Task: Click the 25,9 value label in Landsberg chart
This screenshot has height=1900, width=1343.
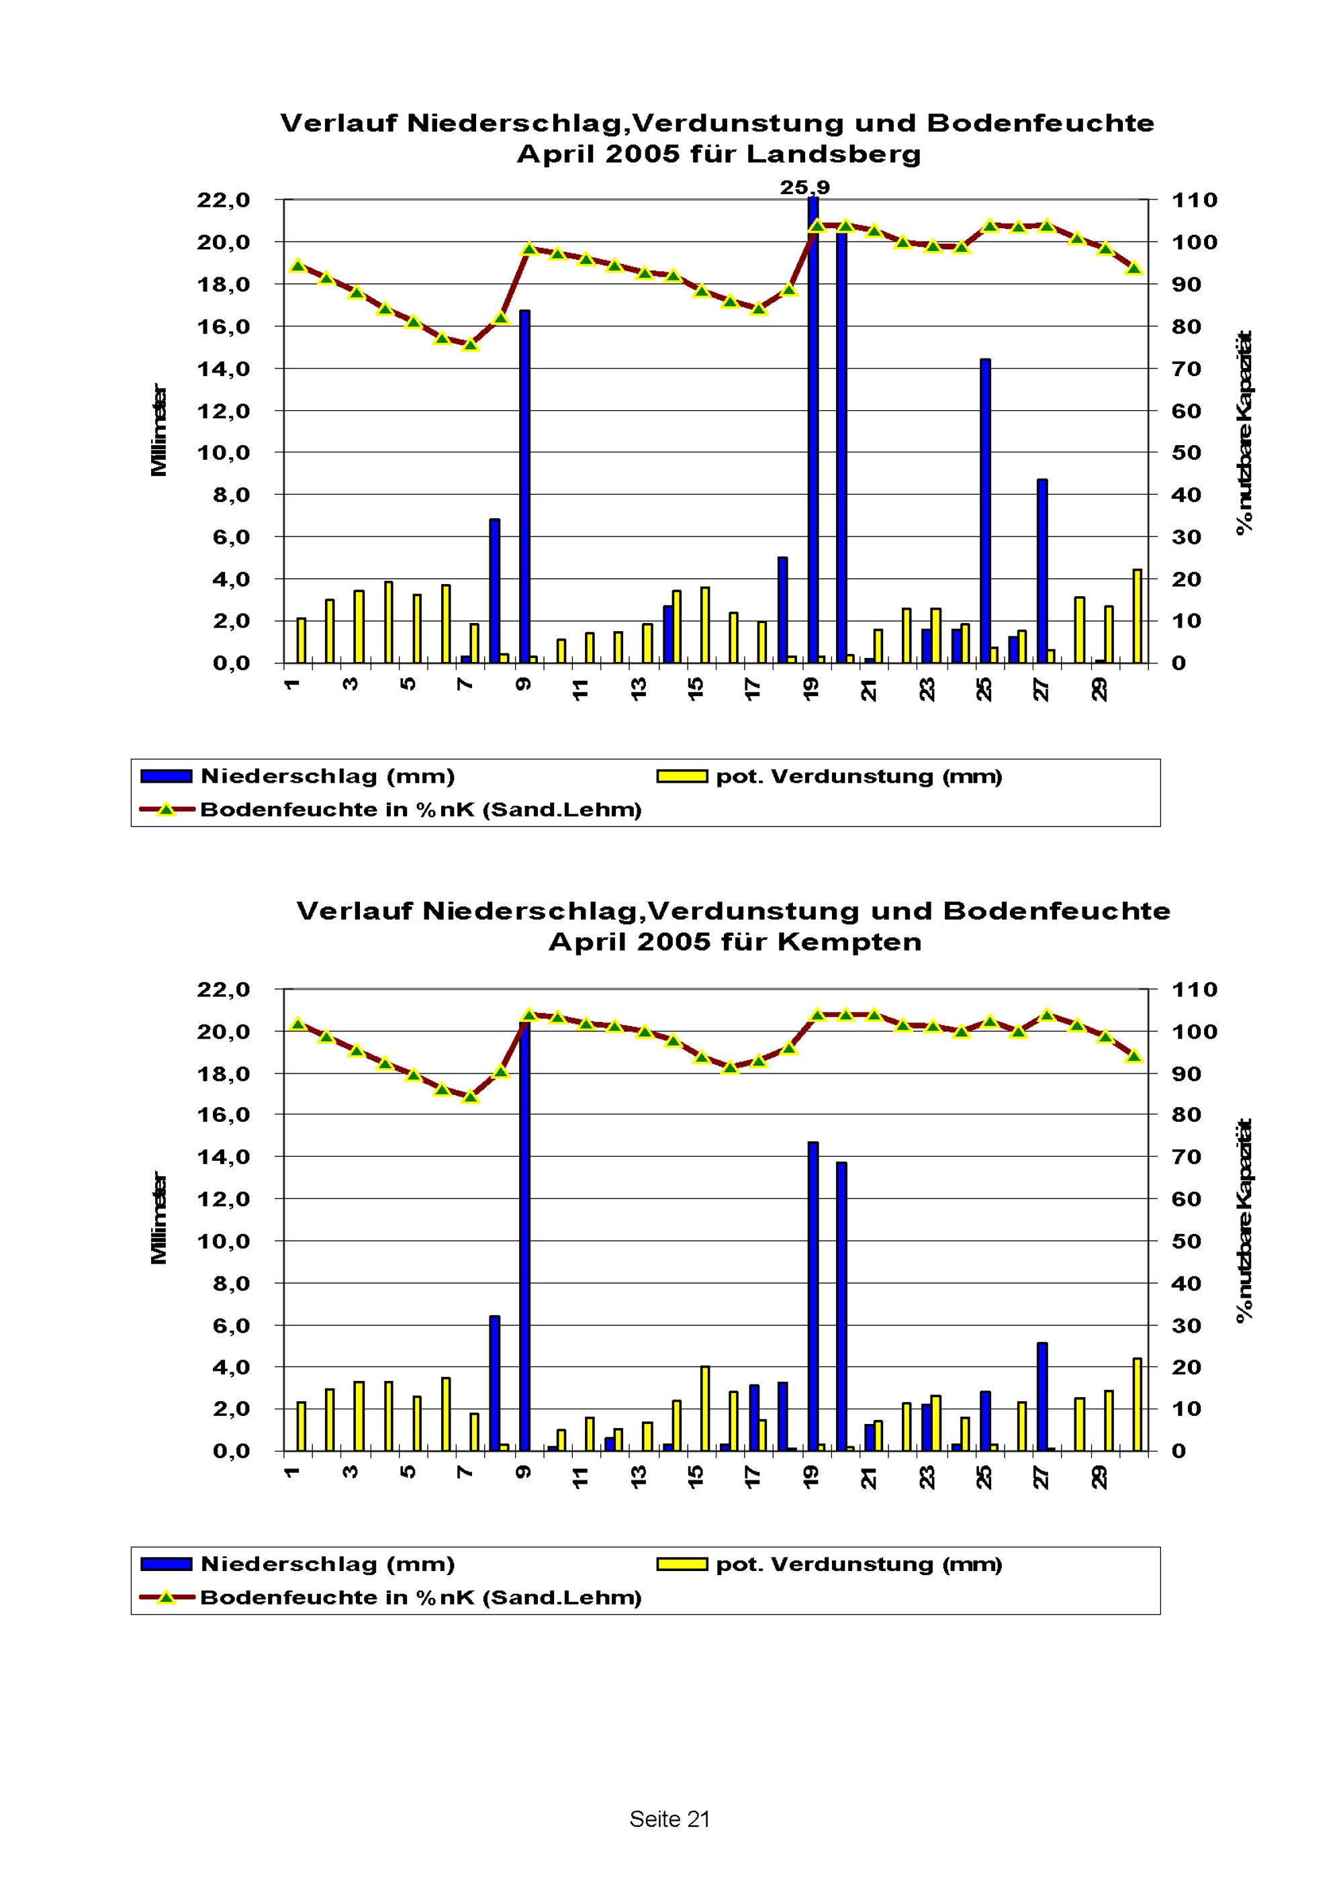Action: pyautogui.click(x=804, y=188)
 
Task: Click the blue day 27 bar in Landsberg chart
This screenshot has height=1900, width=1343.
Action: pyautogui.click(x=1041, y=571)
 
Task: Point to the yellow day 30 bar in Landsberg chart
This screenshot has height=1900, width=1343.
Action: pyautogui.click(x=1137, y=616)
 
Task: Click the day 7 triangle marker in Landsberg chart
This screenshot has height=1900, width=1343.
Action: pyautogui.click(x=470, y=344)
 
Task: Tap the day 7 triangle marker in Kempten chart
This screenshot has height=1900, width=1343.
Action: pyautogui.click(x=470, y=1096)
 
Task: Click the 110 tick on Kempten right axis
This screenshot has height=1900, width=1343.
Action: pyautogui.click(x=1194, y=989)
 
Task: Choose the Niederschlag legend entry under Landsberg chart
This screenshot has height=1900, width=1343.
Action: pyautogui.click(x=328, y=776)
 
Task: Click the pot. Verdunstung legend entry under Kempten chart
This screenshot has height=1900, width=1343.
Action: pyautogui.click(x=858, y=1564)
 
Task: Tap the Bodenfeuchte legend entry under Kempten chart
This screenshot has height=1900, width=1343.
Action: pyautogui.click(x=420, y=1597)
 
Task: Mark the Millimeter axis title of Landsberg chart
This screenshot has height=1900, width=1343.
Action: pyautogui.click(x=159, y=430)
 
